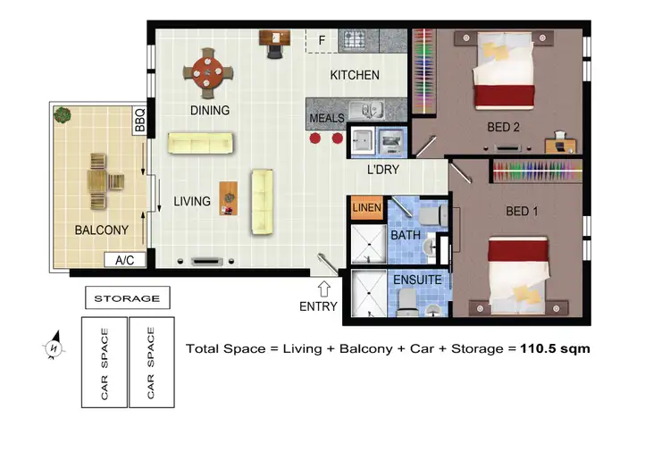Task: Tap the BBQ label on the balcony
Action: (139, 120)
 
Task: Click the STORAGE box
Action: (127, 298)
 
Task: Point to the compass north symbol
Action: (54, 347)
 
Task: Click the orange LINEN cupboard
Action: (366, 208)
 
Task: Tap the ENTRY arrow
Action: (324, 289)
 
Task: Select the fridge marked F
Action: (320, 40)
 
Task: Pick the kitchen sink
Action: (366, 111)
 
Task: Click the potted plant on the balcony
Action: (62, 114)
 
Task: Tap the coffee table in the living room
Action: (230, 198)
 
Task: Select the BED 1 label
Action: (523, 211)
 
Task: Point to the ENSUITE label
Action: (416, 280)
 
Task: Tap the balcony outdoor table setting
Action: (101, 181)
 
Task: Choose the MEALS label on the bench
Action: (326, 118)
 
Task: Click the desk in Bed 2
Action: (560, 141)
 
